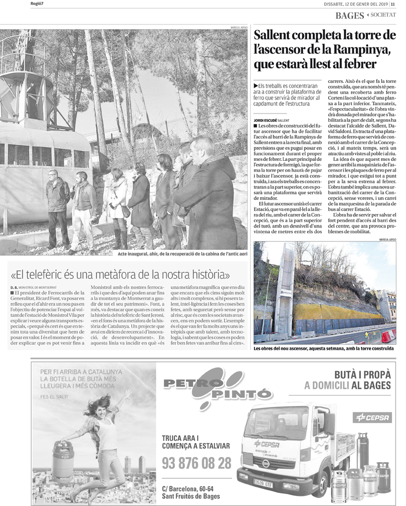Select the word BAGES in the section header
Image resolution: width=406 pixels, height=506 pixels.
pyautogui.click(x=349, y=16)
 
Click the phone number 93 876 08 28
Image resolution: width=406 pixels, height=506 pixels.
pyautogui.click(x=196, y=462)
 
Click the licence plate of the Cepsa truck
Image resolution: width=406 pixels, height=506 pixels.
pyautogui.click(x=263, y=482)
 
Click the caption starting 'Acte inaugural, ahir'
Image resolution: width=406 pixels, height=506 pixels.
pyautogui.click(x=182, y=254)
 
